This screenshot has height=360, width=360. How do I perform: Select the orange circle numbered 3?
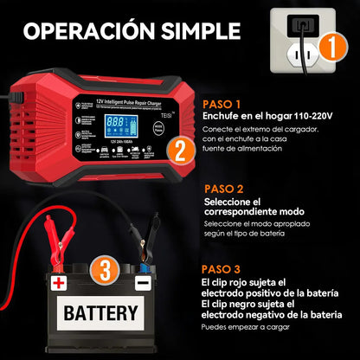click(x=103, y=272)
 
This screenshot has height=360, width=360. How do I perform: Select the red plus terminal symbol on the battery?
click(x=58, y=282)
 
